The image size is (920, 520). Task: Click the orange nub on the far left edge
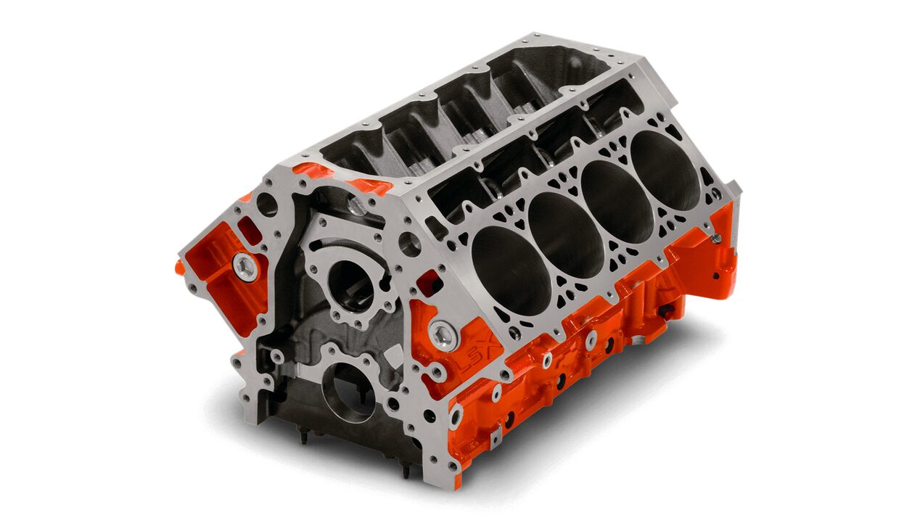point(179,267)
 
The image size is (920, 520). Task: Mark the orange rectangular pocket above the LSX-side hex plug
point(427,283)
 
